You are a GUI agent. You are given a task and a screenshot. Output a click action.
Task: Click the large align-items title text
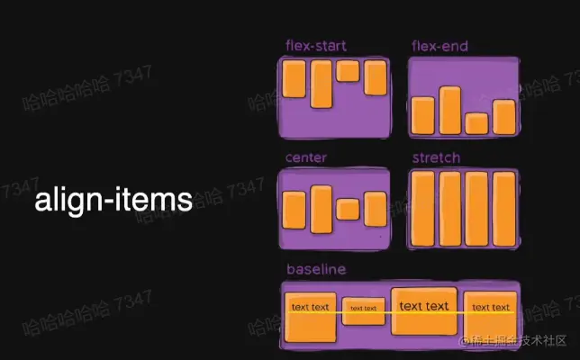tap(113, 200)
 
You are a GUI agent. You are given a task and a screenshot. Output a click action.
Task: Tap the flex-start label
tap(316, 46)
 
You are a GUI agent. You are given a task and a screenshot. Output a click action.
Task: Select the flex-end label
tap(440, 46)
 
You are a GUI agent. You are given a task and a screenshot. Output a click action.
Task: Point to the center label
tap(306, 157)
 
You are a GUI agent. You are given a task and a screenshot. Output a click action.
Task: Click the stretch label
tap(436, 157)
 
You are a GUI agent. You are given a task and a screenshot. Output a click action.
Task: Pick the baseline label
tap(316, 269)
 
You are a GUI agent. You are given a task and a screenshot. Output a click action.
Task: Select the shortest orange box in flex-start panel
tap(349, 72)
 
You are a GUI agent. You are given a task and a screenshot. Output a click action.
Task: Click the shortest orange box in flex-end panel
tap(477, 123)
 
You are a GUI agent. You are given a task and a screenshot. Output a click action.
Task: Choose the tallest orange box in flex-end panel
tap(450, 110)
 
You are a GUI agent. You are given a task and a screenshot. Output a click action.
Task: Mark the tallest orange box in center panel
tap(322, 209)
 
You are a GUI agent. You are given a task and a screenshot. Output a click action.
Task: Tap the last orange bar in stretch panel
tap(504, 208)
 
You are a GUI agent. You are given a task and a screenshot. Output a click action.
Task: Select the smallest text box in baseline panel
tap(364, 309)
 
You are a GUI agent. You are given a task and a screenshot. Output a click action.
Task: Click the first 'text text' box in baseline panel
tap(312, 316)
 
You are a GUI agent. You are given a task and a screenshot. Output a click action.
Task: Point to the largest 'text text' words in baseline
tap(424, 306)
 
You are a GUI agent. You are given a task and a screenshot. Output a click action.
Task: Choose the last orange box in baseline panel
tap(492, 315)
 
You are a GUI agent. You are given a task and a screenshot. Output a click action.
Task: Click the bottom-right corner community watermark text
tap(513, 341)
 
